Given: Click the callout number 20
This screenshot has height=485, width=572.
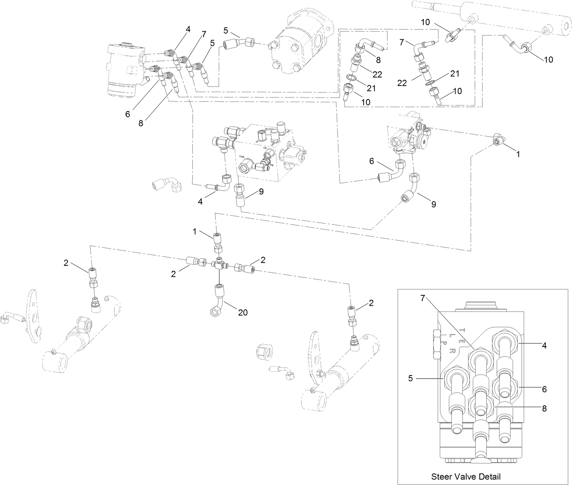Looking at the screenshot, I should pos(242,313).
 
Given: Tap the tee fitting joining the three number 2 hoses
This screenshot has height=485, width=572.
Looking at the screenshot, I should pos(219,265).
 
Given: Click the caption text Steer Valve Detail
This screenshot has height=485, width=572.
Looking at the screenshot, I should pos(466,476).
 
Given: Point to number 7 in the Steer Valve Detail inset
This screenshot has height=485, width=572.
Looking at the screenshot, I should pos(422,298).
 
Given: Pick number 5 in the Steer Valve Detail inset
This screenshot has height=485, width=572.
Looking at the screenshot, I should pos(411,379).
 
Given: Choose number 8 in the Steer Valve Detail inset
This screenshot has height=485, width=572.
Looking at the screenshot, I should pos(544,408).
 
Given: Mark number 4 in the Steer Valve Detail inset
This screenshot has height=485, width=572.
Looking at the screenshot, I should pos(544,346).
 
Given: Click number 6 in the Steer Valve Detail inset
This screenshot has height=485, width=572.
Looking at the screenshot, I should pos(544,389).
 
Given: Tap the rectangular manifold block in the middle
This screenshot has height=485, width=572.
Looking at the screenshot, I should pos(266,152).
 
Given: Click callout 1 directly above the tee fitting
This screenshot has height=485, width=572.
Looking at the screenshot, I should pos(195,231).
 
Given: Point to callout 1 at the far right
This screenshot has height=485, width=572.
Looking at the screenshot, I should pos(518,154).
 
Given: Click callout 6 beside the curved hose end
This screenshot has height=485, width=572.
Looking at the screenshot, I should pos(371,161).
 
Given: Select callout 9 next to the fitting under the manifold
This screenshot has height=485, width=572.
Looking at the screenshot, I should pos(261,192).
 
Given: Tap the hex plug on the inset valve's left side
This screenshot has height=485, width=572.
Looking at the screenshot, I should pos(435,344).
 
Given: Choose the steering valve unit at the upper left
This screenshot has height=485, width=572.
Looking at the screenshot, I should pos(125,69).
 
